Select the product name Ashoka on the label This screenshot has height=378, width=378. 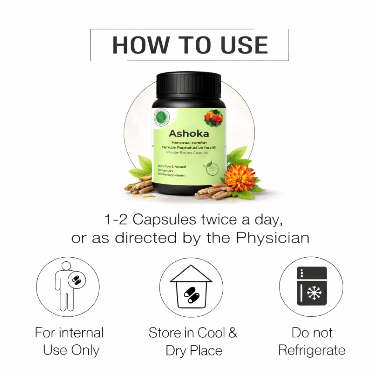189,133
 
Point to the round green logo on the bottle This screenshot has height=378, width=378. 161,117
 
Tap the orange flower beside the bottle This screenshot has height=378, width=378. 240,177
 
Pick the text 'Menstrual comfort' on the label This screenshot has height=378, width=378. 189,142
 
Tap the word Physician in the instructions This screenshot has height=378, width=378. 272,238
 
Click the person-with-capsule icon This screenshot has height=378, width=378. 68,286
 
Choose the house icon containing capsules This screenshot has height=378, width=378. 191,286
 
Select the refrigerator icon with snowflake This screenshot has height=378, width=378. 312,286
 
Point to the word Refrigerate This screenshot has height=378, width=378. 312,350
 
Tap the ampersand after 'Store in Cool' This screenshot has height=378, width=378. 233,333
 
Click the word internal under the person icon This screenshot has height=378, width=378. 80,333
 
